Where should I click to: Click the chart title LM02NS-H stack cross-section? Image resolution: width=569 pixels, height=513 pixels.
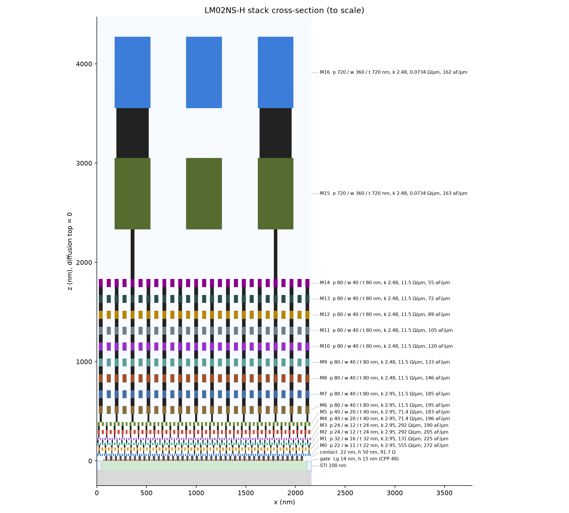284,10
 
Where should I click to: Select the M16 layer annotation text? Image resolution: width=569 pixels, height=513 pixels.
393,72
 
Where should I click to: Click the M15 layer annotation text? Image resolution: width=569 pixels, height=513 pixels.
393,193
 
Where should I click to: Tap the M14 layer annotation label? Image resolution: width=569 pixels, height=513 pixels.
385,283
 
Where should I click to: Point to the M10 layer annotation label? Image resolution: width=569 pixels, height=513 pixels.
386,346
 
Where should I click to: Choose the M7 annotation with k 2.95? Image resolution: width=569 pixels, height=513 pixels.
385,394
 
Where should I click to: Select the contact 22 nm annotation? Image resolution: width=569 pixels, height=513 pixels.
358,452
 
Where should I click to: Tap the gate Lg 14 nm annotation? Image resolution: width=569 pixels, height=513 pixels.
359,459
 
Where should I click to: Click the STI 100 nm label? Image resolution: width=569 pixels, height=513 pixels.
333,465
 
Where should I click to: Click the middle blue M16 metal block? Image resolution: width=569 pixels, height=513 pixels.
204,72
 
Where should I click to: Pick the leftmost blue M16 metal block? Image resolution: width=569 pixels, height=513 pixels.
132,72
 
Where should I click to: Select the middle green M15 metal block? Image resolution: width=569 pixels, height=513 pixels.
204,194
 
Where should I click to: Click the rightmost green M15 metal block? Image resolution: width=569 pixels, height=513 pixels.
276,194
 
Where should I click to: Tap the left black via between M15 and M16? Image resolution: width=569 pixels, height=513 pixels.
132,133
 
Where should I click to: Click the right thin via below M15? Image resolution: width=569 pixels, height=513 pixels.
276,254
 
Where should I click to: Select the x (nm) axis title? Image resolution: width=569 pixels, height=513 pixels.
284,502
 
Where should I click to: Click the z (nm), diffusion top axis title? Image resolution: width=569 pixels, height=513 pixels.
70,251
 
